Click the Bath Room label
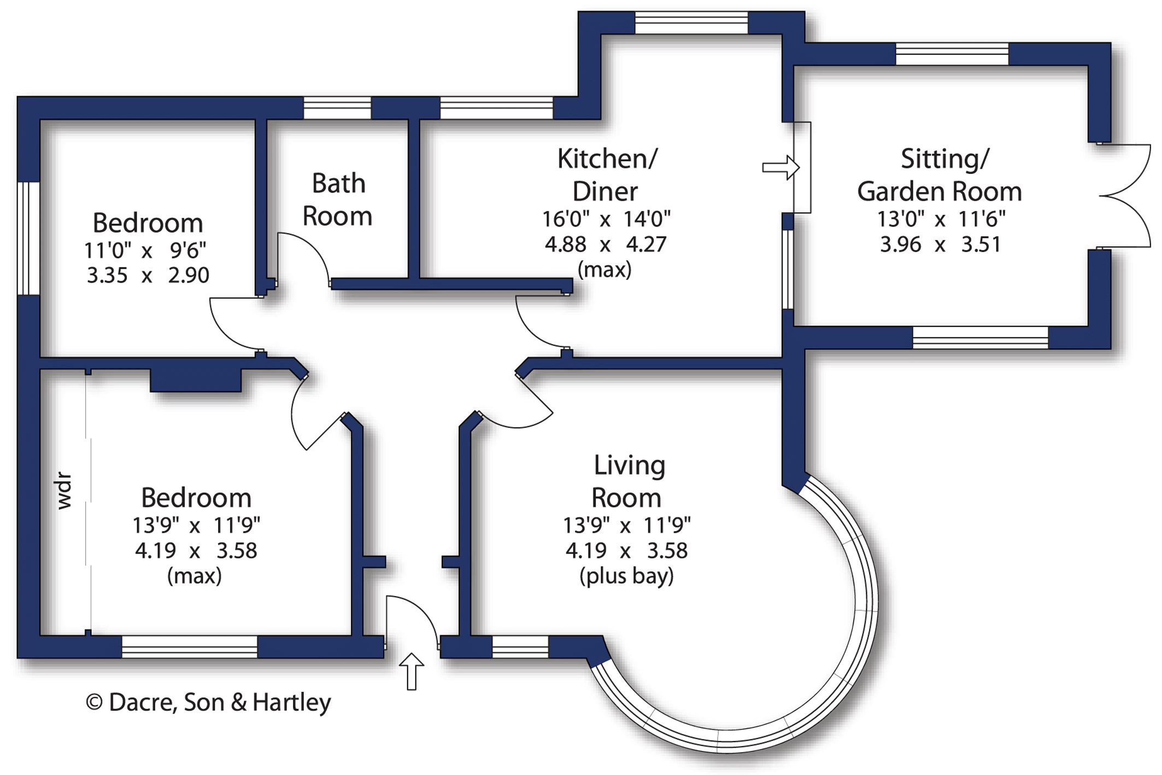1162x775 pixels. tap(337, 200)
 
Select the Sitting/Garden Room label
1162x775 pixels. tap(940, 175)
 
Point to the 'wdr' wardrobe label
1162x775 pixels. tap(64, 491)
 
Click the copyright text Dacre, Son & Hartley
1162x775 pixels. tap(208, 702)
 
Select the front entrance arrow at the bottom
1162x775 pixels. tap(411, 671)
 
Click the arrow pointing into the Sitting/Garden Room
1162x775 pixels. tap(780, 167)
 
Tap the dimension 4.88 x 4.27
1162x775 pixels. tap(606, 244)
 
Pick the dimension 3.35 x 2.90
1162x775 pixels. tap(148, 275)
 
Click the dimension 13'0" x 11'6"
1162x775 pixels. tap(941, 219)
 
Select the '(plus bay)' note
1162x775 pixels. tap(626, 576)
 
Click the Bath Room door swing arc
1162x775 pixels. tap(309, 251)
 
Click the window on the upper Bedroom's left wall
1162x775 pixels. tap(28, 238)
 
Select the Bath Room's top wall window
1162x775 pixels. tap(337, 108)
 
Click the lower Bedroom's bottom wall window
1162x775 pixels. tap(189, 646)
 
